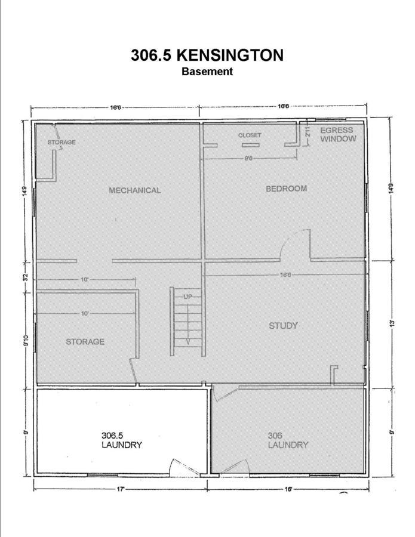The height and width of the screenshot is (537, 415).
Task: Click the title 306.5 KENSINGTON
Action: pyautogui.click(x=207, y=55)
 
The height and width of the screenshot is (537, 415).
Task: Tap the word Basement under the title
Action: pyautogui.click(x=207, y=71)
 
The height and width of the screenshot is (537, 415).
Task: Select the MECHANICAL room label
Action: pyautogui.click(x=135, y=190)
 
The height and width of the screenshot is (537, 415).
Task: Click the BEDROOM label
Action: pyautogui.click(x=286, y=189)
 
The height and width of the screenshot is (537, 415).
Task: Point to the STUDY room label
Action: pyautogui.click(x=283, y=325)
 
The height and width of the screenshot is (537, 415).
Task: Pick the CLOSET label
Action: pyautogui.click(x=250, y=135)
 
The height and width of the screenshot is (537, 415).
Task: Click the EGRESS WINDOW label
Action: pyautogui.click(x=338, y=134)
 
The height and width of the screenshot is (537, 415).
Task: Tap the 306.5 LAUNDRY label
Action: pyautogui.click(x=122, y=440)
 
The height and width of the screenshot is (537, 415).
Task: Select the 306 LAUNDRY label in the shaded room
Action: pyautogui.click(x=288, y=440)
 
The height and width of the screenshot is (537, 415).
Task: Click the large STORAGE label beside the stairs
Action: pyautogui.click(x=85, y=341)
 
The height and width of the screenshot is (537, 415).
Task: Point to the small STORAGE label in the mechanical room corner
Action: pyautogui.click(x=62, y=142)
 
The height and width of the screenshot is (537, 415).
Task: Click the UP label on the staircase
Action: pyautogui.click(x=187, y=297)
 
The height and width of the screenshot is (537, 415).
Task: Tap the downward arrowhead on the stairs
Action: pyautogui.click(x=188, y=341)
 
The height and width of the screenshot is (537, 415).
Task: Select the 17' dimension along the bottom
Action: pyautogui.click(x=120, y=489)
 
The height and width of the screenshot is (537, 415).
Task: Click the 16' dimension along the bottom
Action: pyautogui.click(x=288, y=489)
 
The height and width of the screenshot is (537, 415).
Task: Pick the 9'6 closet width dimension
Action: pyautogui.click(x=249, y=158)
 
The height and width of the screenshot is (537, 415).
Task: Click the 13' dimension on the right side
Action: pyautogui.click(x=392, y=323)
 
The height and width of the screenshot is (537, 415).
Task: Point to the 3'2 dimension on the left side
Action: pyautogui.click(x=26, y=277)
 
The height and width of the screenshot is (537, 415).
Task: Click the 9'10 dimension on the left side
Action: pyautogui.click(x=26, y=341)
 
